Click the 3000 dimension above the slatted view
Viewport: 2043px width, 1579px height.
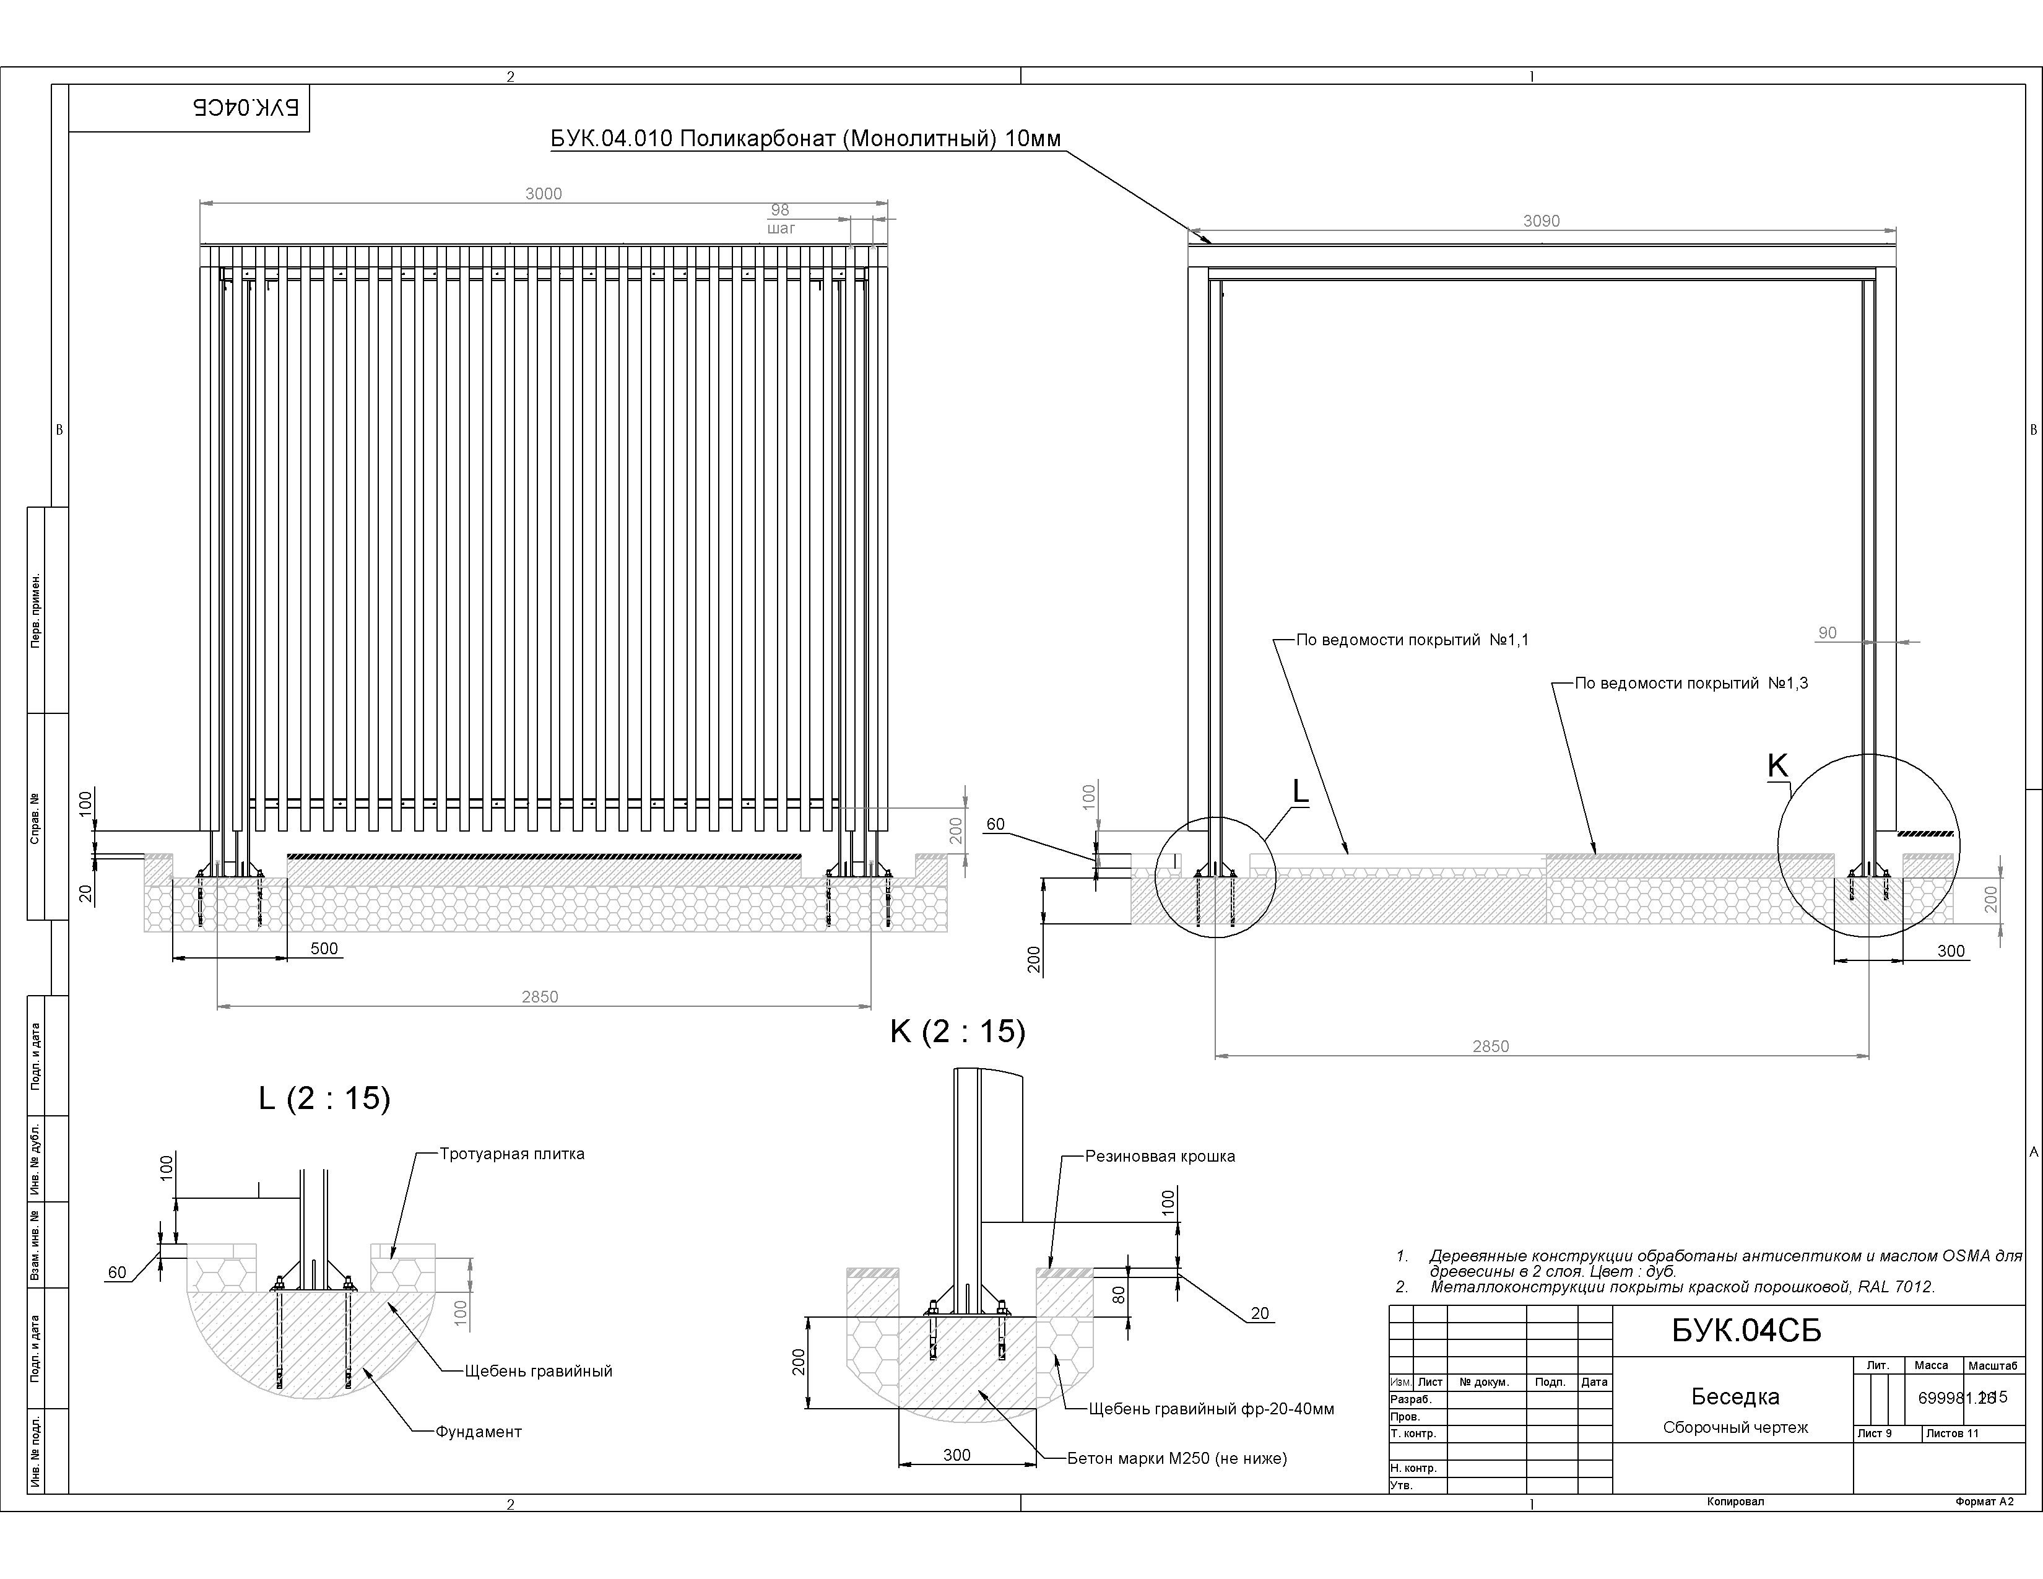[x=544, y=194]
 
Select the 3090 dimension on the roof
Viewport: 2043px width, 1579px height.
[x=1542, y=221]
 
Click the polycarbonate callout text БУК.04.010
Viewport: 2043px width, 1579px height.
[x=805, y=139]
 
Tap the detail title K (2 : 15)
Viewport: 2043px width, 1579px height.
[x=958, y=1031]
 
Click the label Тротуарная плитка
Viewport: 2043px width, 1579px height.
[x=512, y=1154]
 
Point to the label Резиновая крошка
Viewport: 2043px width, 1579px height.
[x=1160, y=1156]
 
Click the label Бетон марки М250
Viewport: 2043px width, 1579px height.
[x=1177, y=1458]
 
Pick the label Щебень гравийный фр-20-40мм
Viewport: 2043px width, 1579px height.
[x=1212, y=1409]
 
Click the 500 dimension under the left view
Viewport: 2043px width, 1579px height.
[x=324, y=949]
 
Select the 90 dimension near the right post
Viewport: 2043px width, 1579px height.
[x=1827, y=633]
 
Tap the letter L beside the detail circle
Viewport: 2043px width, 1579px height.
[x=1300, y=791]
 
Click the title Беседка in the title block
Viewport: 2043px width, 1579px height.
[x=1735, y=1396]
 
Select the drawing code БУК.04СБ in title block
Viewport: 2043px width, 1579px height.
[x=1746, y=1330]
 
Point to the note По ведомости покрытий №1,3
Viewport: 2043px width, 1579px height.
[x=1691, y=683]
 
